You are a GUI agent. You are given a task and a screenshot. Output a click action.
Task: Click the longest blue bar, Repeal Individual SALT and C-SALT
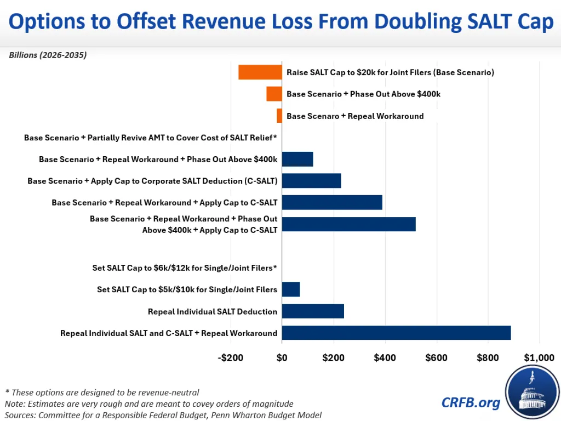pyautogui.click(x=396, y=333)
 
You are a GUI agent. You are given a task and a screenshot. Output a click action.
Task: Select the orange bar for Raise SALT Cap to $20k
pyautogui.click(x=260, y=72)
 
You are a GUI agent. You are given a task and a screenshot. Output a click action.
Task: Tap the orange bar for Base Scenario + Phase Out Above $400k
pyautogui.click(x=274, y=94)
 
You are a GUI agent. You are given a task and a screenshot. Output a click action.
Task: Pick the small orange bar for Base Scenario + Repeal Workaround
pyautogui.click(x=279, y=116)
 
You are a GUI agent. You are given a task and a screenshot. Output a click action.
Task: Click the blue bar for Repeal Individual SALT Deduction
pyautogui.click(x=313, y=311)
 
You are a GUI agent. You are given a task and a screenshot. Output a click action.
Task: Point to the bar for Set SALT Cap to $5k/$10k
pyautogui.click(x=291, y=289)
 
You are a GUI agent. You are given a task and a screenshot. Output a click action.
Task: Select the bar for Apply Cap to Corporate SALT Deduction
pyautogui.click(x=311, y=181)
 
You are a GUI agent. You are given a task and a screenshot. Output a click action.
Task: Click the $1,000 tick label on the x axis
pyautogui.click(x=539, y=358)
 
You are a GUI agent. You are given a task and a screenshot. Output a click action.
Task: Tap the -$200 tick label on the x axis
pyautogui.click(x=230, y=358)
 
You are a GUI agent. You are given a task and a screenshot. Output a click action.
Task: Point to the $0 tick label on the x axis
pyautogui.click(x=282, y=358)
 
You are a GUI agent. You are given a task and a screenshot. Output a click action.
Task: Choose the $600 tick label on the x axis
pyautogui.click(x=436, y=358)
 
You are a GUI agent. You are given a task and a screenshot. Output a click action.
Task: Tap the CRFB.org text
pyautogui.click(x=471, y=403)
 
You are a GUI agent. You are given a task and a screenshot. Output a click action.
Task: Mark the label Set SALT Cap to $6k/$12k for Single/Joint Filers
pyautogui.click(x=185, y=268)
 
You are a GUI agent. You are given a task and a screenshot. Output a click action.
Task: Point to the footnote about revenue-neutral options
pyautogui.click(x=102, y=392)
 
